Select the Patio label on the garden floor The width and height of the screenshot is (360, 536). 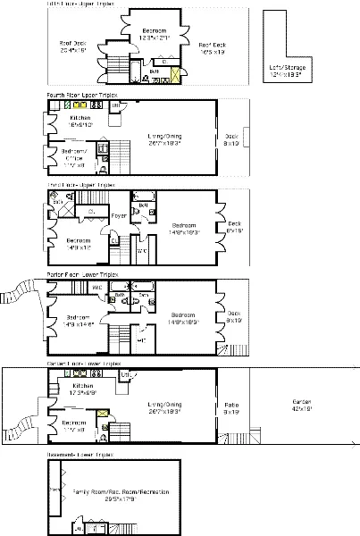[232, 410]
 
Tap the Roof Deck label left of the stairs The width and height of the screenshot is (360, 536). [71, 46]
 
